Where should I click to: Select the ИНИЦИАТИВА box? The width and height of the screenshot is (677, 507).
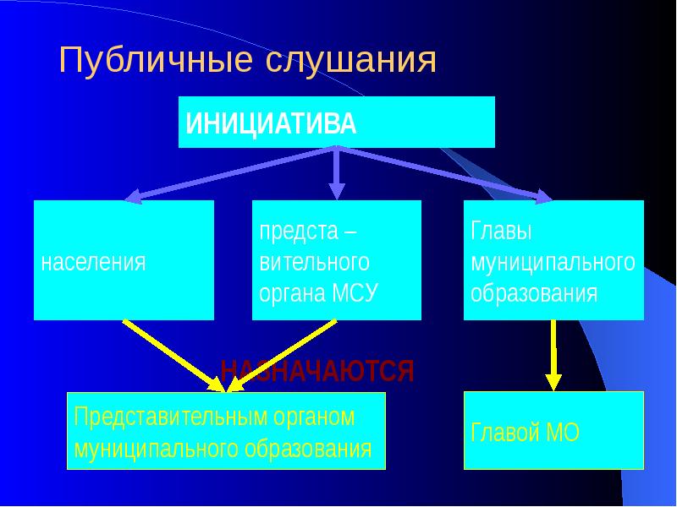pyautogui.click(x=336, y=123)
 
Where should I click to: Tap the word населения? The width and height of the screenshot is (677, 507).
pyautogui.click(x=93, y=262)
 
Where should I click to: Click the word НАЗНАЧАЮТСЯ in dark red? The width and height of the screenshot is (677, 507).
pyautogui.click(x=316, y=371)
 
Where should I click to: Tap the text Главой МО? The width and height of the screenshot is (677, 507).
pyautogui.click(x=525, y=433)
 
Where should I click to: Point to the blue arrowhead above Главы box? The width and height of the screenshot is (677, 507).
pyautogui.click(x=541, y=197)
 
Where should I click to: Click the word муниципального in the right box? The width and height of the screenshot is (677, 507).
pyautogui.click(x=553, y=262)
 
